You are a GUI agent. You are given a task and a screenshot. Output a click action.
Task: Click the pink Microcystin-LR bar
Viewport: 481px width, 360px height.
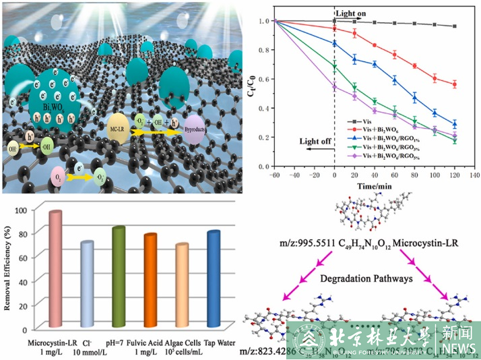coord(55,270)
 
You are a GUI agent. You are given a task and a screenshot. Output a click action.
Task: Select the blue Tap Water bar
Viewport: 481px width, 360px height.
coord(214,280)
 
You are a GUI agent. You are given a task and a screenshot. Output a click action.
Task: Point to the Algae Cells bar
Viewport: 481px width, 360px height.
coord(182,287)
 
